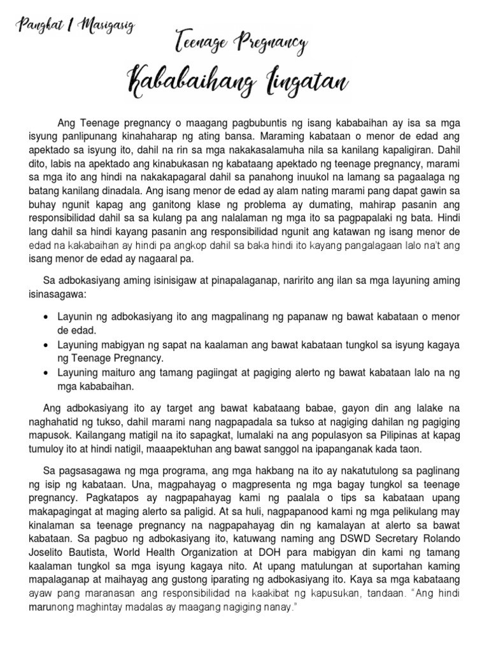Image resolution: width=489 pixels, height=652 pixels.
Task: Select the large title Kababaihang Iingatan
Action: point(238,83)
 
